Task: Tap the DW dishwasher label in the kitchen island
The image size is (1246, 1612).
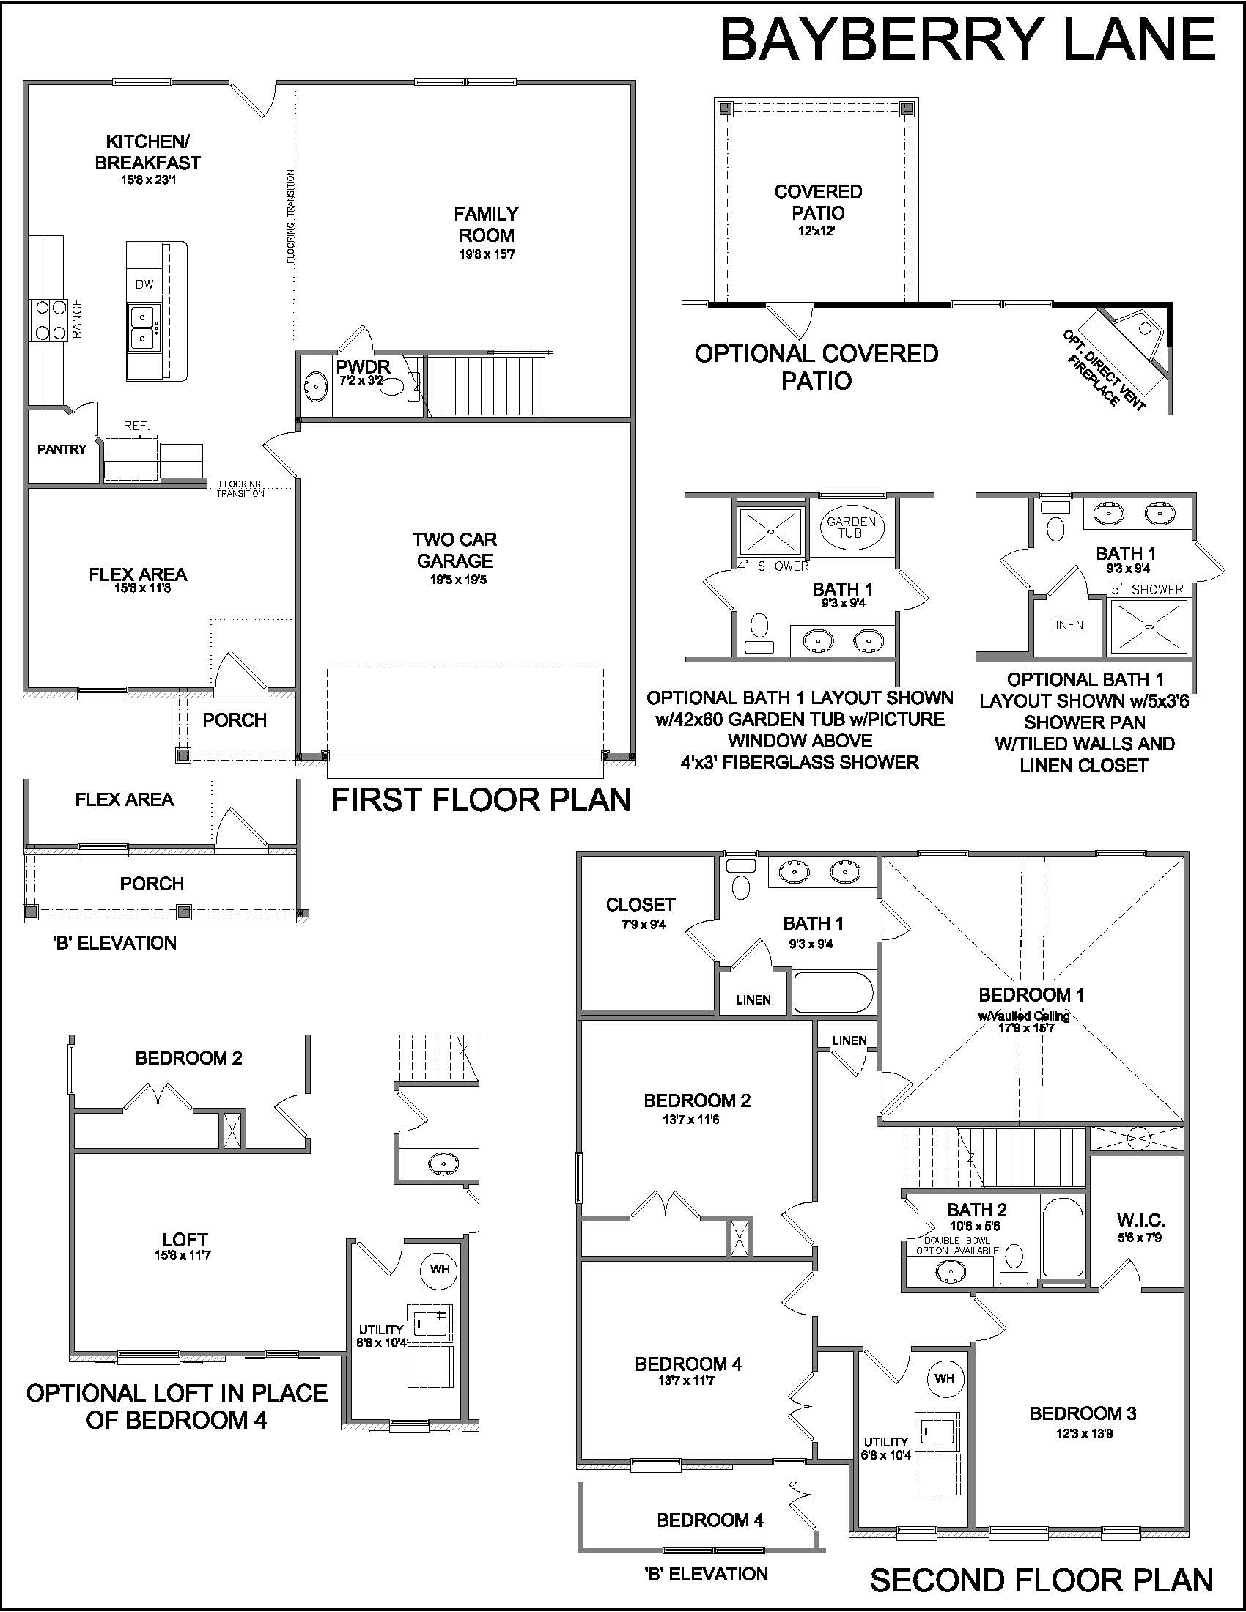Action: (144, 284)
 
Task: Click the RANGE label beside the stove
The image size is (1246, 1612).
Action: (78, 318)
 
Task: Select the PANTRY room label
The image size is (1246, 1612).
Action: (62, 448)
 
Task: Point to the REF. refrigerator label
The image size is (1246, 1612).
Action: (136, 426)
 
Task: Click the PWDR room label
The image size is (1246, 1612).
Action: (362, 366)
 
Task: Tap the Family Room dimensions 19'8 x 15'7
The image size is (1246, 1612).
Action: (486, 255)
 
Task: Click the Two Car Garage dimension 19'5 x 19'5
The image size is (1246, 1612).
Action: (457, 580)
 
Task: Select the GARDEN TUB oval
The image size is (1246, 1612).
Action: (850, 528)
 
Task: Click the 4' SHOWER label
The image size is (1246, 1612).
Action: (773, 566)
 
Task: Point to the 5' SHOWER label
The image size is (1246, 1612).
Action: (1147, 590)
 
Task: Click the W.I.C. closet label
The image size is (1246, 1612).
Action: (1140, 1220)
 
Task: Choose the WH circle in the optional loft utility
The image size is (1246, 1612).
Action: (440, 1269)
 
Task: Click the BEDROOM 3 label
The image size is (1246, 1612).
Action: (1083, 1413)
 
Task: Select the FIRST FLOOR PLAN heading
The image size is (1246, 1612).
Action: (482, 800)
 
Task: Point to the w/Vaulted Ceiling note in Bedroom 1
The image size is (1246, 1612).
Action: (1024, 1016)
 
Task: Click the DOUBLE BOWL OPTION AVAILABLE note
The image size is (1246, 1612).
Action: (957, 1246)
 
